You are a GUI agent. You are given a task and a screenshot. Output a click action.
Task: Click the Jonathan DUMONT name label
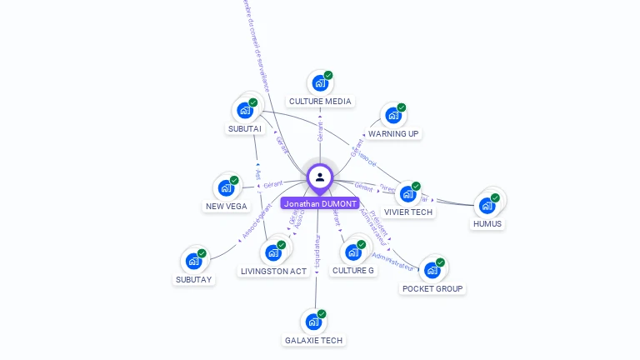coord(320,203)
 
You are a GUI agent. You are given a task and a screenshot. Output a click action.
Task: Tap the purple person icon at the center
coord(320,177)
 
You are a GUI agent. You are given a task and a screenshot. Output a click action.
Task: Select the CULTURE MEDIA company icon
coord(319,83)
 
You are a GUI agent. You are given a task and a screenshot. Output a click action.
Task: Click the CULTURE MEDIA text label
coord(320,102)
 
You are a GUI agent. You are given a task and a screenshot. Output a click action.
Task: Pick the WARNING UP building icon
coord(392,115)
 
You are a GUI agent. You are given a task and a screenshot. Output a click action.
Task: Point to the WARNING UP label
coord(393,133)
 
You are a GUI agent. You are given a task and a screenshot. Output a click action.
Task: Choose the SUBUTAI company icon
coord(244,110)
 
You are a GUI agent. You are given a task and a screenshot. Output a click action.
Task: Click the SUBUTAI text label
coord(245,129)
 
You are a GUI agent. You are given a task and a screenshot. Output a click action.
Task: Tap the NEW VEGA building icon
coord(225,187)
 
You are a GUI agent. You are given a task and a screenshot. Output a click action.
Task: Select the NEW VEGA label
coord(226,206)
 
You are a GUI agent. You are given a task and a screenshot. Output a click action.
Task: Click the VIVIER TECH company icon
coord(407,194)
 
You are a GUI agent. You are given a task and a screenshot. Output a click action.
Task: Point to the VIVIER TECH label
coord(408,212)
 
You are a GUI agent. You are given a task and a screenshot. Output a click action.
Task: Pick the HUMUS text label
coord(487,224)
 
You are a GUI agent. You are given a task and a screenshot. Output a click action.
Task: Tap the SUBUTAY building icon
coord(194,261)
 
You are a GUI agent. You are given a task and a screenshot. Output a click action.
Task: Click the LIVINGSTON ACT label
coord(273,271)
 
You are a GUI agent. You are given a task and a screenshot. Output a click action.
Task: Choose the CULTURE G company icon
coord(352,252)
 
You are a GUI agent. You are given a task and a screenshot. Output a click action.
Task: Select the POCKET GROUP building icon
coord(432,270)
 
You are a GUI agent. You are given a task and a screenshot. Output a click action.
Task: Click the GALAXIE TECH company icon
coord(313,322)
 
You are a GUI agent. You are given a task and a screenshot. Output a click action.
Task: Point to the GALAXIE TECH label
coord(313,340)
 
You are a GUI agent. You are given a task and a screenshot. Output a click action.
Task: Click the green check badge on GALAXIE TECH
coord(322,314)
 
